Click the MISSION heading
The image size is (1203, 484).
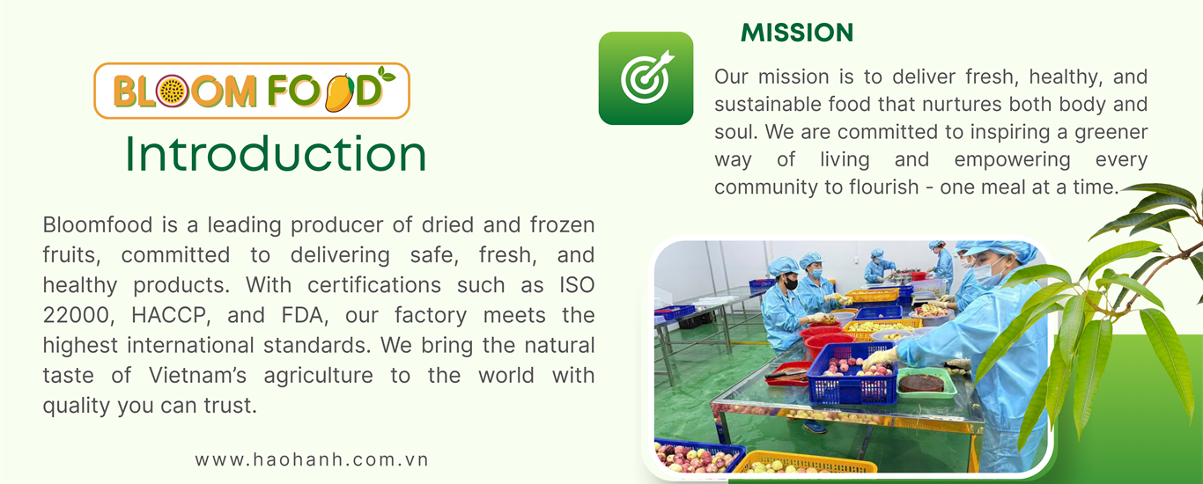pyautogui.click(x=797, y=33)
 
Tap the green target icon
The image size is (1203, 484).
pyautogui.click(x=646, y=78)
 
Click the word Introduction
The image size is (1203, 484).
pyautogui.click(x=276, y=154)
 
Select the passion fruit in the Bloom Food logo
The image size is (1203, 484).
pyautogui.click(x=172, y=91)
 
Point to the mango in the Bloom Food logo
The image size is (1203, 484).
pyautogui.click(x=340, y=92)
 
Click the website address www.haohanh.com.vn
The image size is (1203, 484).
pyautogui.click(x=312, y=460)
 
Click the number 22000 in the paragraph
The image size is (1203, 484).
pyautogui.click(x=78, y=315)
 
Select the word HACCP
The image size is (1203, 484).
pyautogui.click(x=171, y=315)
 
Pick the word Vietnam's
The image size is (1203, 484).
pyautogui.click(x=197, y=375)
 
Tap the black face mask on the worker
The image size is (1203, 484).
pyautogui.click(x=791, y=282)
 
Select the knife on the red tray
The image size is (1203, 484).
pyautogui.click(x=786, y=373)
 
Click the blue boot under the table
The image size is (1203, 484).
pyautogui.click(x=814, y=428)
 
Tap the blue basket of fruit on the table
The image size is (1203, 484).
pyautogui.click(x=852, y=373)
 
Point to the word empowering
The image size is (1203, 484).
pyautogui.click(x=1013, y=160)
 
